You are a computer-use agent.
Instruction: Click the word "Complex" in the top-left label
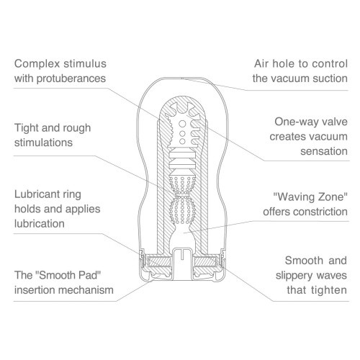[x=37, y=64]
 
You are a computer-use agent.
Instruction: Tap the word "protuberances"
[x=71, y=78]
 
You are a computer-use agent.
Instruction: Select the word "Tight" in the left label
[x=27, y=128]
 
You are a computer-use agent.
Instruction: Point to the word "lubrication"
[x=40, y=224]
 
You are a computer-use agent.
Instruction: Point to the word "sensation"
[x=324, y=151]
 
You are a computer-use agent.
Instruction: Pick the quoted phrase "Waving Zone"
[x=310, y=197]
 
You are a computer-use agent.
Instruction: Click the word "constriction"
[x=320, y=212]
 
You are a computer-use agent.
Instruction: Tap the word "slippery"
[x=294, y=276]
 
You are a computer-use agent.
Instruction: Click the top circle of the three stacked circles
[x=182, y=124]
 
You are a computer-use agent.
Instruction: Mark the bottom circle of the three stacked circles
[x=182, y=141]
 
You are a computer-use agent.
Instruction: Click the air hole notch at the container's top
[x=182, y=78]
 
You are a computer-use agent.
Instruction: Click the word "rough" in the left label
[x=77, y=129]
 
